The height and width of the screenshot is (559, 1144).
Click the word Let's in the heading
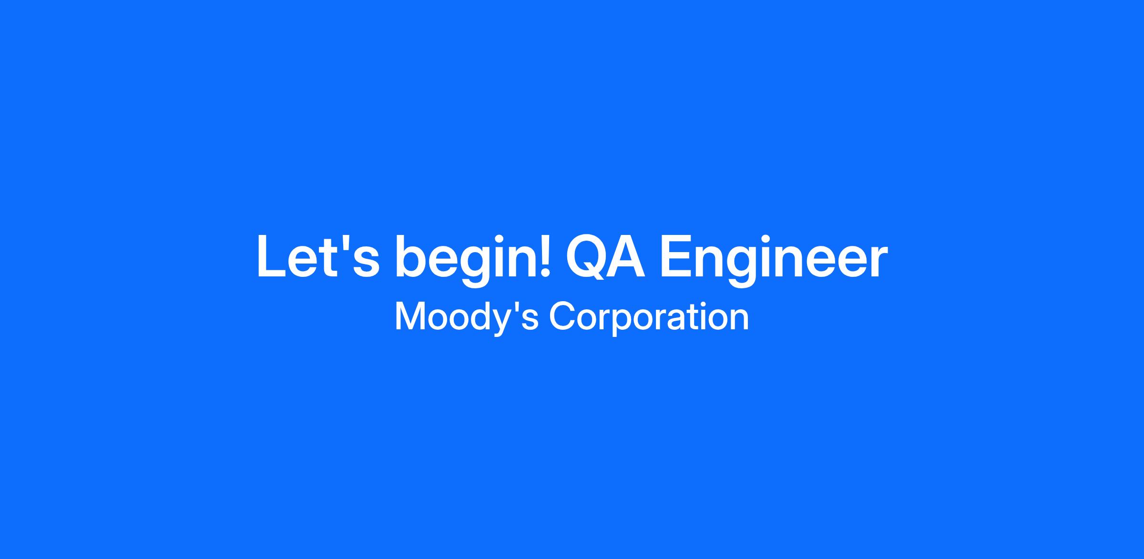tap(318, 256)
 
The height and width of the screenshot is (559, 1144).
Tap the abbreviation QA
tap(605, 256)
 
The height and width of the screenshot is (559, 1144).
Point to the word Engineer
tap(773, 261)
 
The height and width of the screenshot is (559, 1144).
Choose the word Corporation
tap(649, 316)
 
